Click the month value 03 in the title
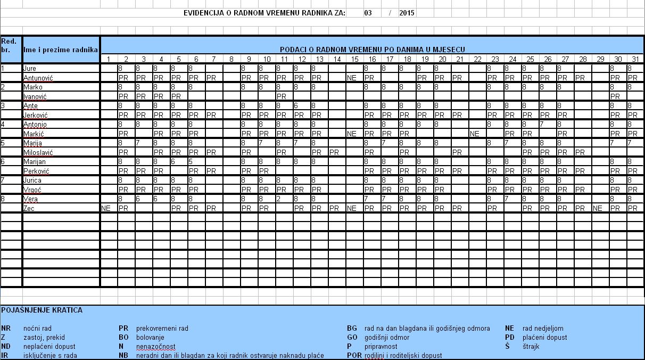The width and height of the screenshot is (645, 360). click(x=368, y=13)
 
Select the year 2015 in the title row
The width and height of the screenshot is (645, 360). click(x=407, y=13)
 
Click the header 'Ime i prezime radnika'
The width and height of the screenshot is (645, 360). click(x=61, y=49)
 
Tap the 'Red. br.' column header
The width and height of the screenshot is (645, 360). click(x=9, y=45)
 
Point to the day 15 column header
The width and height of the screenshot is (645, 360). click(x=354, y=59)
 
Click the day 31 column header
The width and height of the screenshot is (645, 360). click(x=635, y=59)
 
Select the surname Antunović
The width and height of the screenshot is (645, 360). click(x=38, y=78)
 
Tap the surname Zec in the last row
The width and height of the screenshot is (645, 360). click(x=29, y=208)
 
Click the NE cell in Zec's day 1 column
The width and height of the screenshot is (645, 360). click(x=105, y=208)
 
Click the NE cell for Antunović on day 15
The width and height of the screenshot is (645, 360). click(x=351, y=78)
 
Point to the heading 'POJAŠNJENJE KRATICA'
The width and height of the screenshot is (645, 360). click(x=42, y=310)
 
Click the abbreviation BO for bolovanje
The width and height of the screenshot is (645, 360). click(x=123, y=337)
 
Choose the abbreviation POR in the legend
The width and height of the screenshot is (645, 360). click(x=354, y=355)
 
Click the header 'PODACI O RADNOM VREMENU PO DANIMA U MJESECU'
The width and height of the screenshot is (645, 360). click(x=373, y=49)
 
